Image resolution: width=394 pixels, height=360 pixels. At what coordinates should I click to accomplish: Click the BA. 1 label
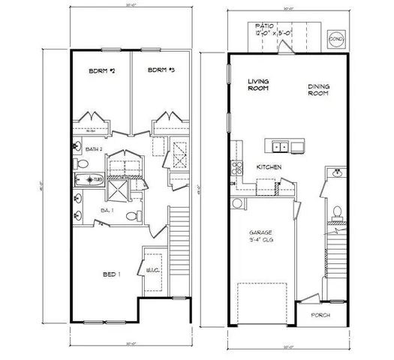coord(107,214)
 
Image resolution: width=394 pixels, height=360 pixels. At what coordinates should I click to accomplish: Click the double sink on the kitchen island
coord(281,146)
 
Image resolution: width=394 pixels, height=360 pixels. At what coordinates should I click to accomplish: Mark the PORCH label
coord(320,315)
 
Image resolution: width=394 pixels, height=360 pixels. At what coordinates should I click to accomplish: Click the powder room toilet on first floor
coord(337,213)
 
